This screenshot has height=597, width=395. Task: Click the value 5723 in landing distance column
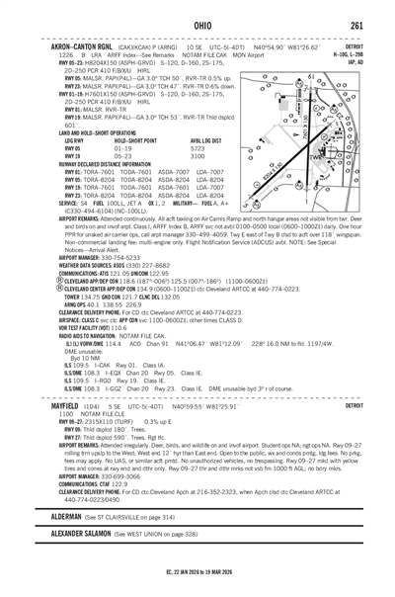[x=197, y=148]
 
